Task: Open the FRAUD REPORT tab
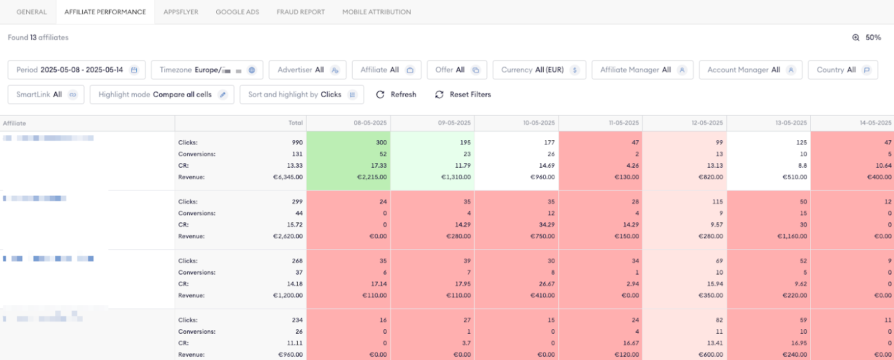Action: pyautogui.click(x=301, y=12)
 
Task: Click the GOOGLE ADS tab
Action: pyautogui.click(x=237, y=12)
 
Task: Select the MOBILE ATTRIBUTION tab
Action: pyautogui.click(x=377, y=12)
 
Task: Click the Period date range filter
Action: pyautogui.click(x=77, y=70)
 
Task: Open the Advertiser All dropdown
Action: pyautogui.click(x=307, y=70)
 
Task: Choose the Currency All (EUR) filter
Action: pyautogui.click(x=539, y=70)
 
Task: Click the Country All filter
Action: pyautogui.click(x=843, y=70)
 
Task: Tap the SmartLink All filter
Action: pyautogui.click(x=46, y=94)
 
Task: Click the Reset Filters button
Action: pyautogui.click(x=463, y=94)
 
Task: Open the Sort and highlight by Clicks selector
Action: pyautogui.click(x=302, y=94)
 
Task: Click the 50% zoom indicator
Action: pyautogui.click(x=867, y=37)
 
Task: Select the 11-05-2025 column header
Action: pyautogui.click(x=624, y=123)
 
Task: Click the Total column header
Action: pyautogui.click(x=296, y=123)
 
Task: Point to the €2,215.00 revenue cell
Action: pyautogui.click(x=372, y=177)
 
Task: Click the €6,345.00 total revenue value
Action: pyautogui.click(x=288, y=177)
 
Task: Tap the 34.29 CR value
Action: pyautogui.click(x=546, y=225)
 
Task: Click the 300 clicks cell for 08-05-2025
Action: pyautogui.click(x=381, y=143)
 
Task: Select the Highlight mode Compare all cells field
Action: pyautogui.click(x=162, y=94)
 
